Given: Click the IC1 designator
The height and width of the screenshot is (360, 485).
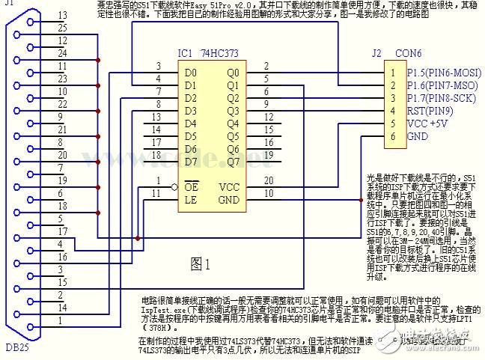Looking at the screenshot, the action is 185,55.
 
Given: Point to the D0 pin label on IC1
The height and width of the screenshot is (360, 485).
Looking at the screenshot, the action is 191,73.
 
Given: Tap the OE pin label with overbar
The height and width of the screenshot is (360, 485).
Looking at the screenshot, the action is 192,186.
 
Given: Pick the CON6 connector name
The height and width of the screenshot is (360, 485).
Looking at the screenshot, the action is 406,54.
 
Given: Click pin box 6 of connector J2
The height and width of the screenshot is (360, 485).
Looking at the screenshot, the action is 391,137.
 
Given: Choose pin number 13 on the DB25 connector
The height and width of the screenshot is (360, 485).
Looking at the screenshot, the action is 62,15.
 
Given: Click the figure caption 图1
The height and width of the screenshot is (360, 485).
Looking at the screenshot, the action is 201,263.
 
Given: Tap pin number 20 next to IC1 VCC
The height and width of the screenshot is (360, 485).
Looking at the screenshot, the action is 269,180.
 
